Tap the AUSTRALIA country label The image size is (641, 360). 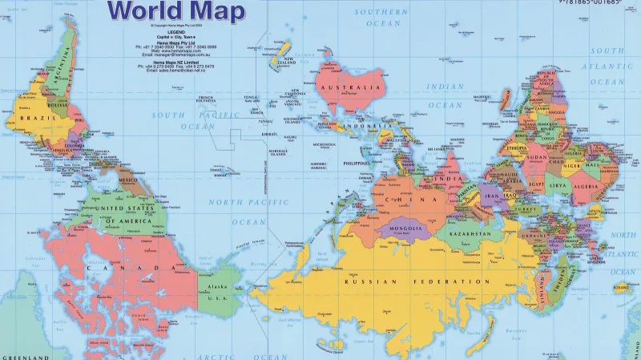pyautogui.click(x=349, y=87)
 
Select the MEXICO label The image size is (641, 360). pyautogui.click(x=127, y=181)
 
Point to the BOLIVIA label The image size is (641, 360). pyautogui.click(x=34, y=104)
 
